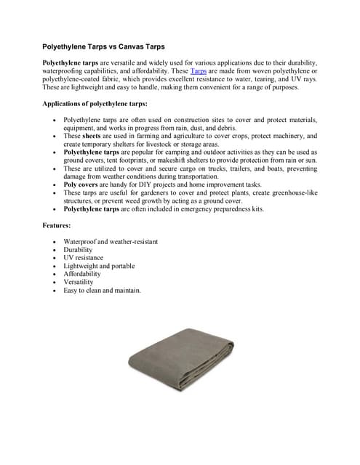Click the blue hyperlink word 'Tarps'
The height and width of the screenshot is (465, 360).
[198, 71]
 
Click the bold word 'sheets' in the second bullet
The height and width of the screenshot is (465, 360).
[92, 136]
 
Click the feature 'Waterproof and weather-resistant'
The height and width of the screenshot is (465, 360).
[111, 241]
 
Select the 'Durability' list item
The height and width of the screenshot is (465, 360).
[79, 250]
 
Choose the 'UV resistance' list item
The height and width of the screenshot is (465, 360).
[84, 258]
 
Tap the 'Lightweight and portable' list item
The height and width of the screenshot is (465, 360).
[99, 266]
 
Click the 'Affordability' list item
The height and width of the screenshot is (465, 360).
[82, 274]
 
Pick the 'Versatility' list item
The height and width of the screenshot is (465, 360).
[79, 282]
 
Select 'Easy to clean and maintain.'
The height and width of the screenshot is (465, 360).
[102, 290]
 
